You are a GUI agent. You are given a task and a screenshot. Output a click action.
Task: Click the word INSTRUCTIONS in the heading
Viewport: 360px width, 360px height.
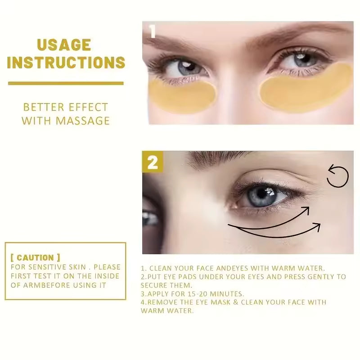pos(66,62)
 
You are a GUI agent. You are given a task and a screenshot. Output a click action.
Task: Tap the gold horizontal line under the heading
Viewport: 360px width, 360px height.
pos(66,83)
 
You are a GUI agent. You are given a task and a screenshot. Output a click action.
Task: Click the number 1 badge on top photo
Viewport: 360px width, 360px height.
pos(152,31)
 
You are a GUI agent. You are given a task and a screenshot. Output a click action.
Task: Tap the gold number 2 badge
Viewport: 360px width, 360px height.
pos(153,162)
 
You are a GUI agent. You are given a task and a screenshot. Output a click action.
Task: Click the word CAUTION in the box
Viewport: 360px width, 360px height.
pos(35,258)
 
